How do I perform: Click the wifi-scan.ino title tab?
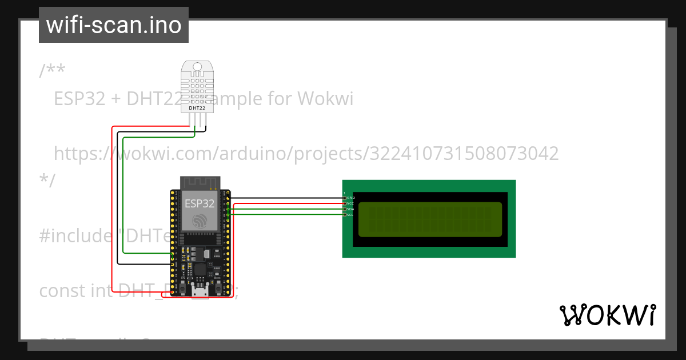pyautogui.click(x=114, y=25)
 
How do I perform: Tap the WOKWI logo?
pyautogui.click(x=607, y=315)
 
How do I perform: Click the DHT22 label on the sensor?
pyautogui.click(x=197, y=107)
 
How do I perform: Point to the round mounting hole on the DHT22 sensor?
pyautogui.click(x=198, y=67)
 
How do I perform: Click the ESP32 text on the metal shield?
pyautogui.click(x=200, y=203)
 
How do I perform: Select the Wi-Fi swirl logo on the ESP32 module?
pyautogui.click(x=200, y=220)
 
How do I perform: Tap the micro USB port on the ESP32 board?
pyautogui.click(x=200, y=291)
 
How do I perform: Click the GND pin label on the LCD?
pyautogui.click(x=350, y=198)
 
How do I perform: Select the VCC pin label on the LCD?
pyautogui.click(x=350, y=203)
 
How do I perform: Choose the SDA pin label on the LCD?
pyautogui.click(x=350, y=209)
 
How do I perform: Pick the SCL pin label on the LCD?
pyautogui.click(x=350, y=215)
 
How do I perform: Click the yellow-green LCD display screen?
pyautogui.click(x=430, y=219)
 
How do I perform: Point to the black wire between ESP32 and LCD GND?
pyautogui.click(x=286, y=198)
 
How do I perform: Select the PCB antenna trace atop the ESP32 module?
pyautogui.click(x=200, y=182)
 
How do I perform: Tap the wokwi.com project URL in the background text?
pyautogui.click(x=306, y=153)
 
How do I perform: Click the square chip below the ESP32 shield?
pyautogui.click(x=200, y=269)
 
